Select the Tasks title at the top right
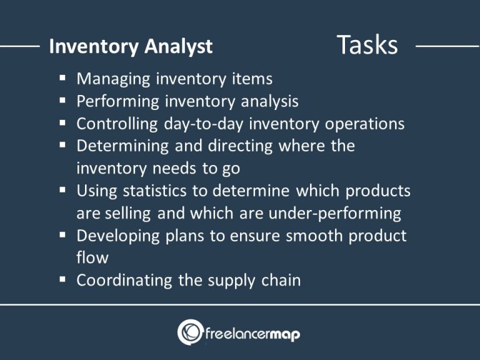[367, 45]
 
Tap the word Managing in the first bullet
[113, 79]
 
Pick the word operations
[364, 124]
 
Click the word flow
[92, 257]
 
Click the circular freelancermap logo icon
[190, 332]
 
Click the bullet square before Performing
[64, 101]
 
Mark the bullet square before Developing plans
[64, 236]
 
